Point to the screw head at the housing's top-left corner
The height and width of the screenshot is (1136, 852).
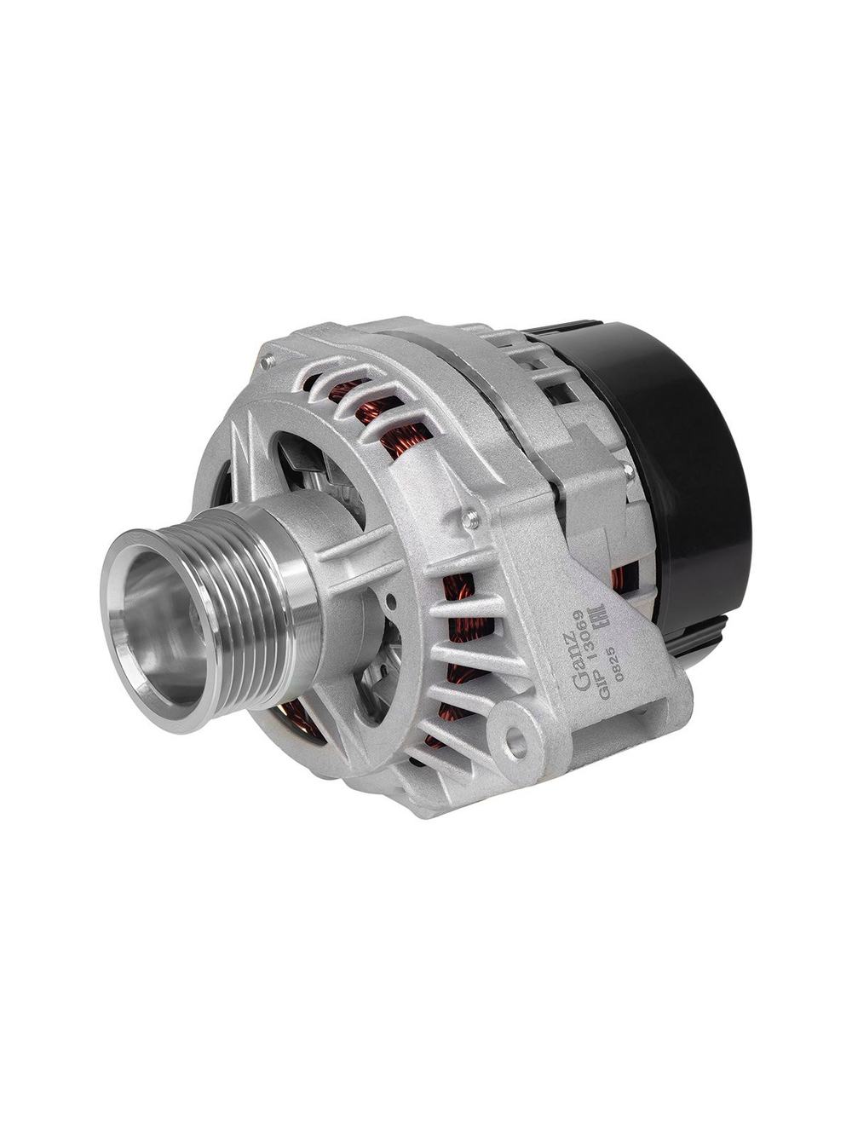tap(268, 362)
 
